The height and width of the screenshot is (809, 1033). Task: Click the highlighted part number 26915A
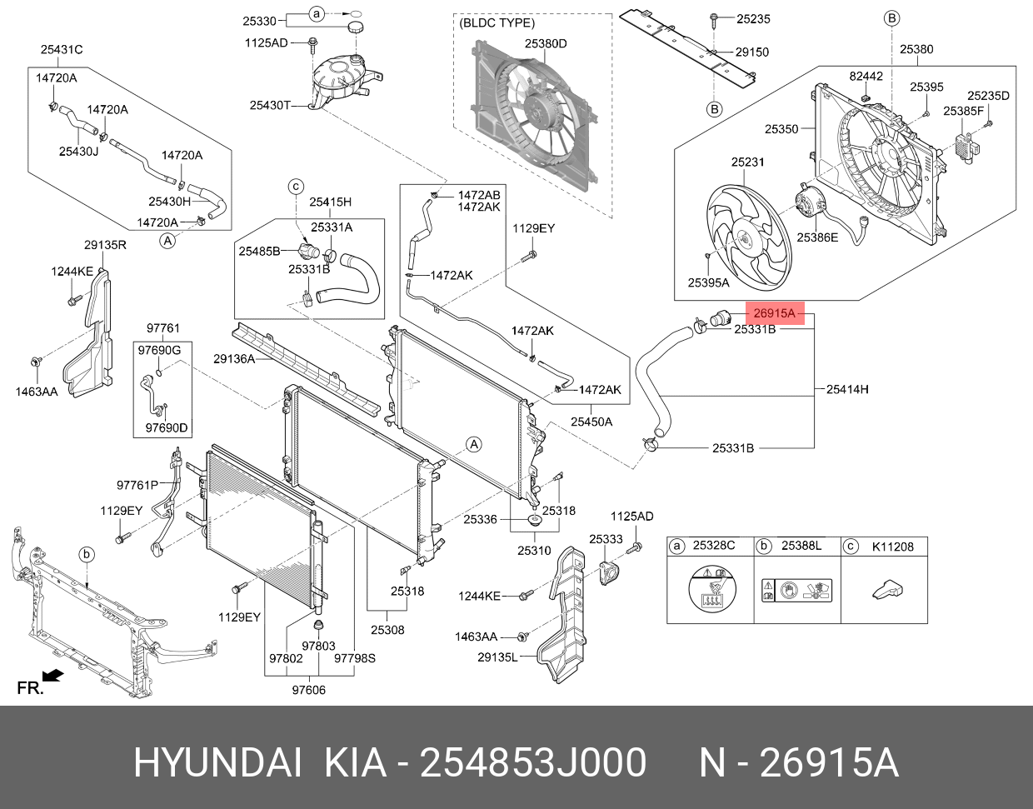pyautogui.click(x=775, y=313)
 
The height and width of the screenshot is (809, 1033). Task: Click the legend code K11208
pyautogui.click(x=892, y=547)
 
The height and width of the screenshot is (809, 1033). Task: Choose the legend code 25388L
pyautogui.click(x=801, y=547)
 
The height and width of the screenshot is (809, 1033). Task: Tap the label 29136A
pyautogui.click(x=234, y=359)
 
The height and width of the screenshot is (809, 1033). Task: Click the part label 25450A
pyautogui.click(x=591, y=422)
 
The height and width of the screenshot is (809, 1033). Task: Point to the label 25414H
pyautogui.click(x=847, y=388)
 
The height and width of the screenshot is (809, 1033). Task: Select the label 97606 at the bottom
pyautogui.click(x=308, y=689)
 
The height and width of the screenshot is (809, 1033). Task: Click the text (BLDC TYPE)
pyautogui.click(x=497, y=23)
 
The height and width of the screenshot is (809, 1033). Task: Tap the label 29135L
pyautogui.click(x=498, y=657)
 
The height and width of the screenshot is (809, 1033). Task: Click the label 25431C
pyautogui.click(x=62, y=50)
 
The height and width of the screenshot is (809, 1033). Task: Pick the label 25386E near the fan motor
pyautogui.click(x=817, y=237)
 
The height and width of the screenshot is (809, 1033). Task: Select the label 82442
pyautogui.click(x=866, y=76)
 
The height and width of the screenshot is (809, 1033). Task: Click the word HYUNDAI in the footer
pyautogui.click(x=217, y=763)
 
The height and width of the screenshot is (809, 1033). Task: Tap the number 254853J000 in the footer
pyautogui.click(x=533, y=763)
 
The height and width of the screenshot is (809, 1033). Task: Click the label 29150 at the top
pyautogui.click(x=751, y=52)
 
